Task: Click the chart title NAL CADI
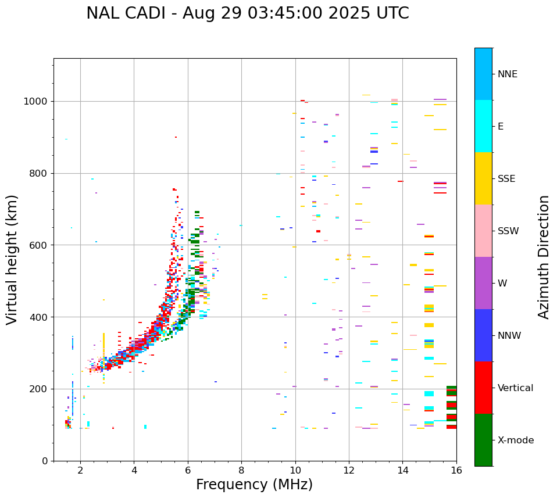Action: point(247,13)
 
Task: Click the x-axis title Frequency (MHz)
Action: point(254,485)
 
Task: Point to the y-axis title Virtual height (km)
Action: point(12,259)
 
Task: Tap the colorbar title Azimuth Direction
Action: point(544,257)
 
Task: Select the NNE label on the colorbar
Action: point(507,74)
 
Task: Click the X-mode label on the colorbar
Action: point(515,440)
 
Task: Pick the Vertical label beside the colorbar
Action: point(515,388)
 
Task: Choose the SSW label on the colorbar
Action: point(508,231)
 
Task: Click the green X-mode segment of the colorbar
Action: point(483,440)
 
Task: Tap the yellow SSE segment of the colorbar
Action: point(483,178)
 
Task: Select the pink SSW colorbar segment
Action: point(483,231)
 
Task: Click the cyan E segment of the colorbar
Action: point(483,126)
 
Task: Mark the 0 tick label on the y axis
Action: point(45,461)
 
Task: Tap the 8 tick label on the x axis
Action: point(241,470)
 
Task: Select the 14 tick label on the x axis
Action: point(403,470)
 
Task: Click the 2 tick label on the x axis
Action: point(80,470)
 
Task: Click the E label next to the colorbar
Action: point(501,127)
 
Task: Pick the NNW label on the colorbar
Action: point(509,336)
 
